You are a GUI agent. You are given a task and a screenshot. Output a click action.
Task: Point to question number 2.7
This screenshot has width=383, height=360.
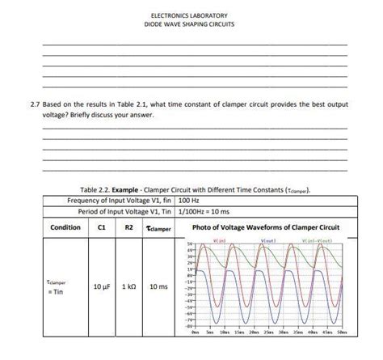pos(34,104)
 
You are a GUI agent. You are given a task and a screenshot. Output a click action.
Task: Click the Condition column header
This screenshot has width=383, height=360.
pos(65,227)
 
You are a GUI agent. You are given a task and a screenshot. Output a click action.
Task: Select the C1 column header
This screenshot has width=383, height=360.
pos(102,227)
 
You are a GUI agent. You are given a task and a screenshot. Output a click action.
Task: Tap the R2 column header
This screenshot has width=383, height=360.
pos(129,227)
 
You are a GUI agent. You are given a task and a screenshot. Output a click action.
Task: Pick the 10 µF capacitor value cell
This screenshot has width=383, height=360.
pos(102,286)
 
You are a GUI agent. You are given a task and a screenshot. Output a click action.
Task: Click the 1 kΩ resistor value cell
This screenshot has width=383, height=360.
pos(129,286)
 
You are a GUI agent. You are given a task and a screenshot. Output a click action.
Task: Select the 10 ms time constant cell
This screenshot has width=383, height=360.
pos(159,286)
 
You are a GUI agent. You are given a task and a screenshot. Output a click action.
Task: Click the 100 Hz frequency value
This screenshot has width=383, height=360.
pos(191,199)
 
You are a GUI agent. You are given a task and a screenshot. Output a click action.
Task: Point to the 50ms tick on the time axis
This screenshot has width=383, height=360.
pos(342,332)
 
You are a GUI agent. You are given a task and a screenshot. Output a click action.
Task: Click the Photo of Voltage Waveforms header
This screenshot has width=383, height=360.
pos(266,227)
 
